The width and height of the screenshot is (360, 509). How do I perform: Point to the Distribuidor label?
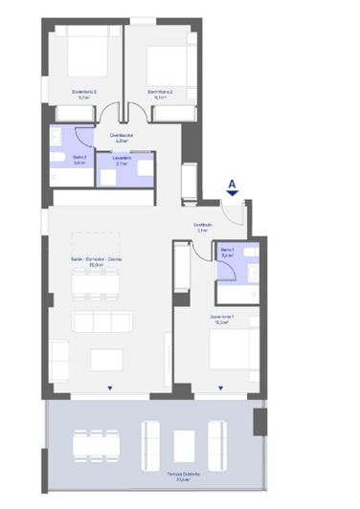pyautogui.click(x=121, y=138)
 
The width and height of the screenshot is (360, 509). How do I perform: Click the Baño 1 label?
pyautogui.click(x=228, y=254)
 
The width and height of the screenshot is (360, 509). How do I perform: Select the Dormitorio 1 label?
pyautogui.click(x=224, y=319)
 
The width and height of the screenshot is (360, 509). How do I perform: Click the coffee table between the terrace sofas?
pyautogui.click(x=186, y=440)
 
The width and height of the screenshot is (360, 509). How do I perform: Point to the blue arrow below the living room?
pyautogui.click(x=110, y=388)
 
